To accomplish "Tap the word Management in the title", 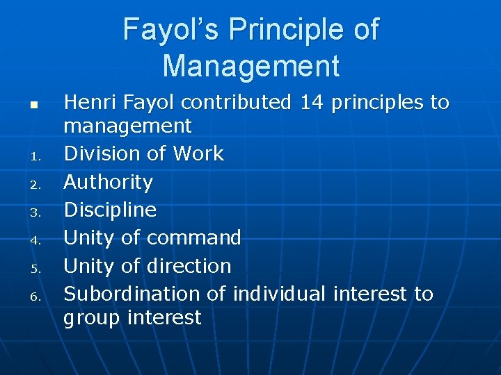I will pyautogui.click(x=250, y=67).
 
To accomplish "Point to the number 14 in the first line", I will pyautogui.click(x=312, y=103).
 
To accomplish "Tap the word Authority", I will pyautogui.click(x=108, y=182).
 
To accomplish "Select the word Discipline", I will pyautogui.click(x=110, y=210).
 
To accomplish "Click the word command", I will pyautogui.click(x=193, y=237).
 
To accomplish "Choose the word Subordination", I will pyautogui.click(x=132, y=294).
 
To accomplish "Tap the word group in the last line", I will pyautogui.click(x=88, y=318).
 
